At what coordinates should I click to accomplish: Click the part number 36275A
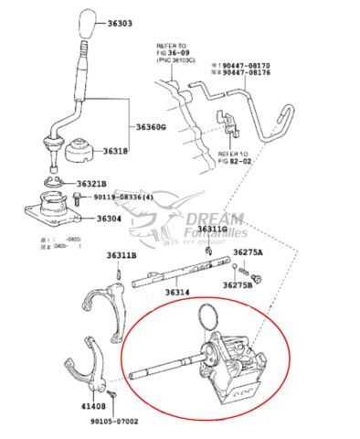pyautogui.click(x=248, y=251)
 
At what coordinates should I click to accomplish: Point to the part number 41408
pyautogui.click(x=92, y=403)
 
